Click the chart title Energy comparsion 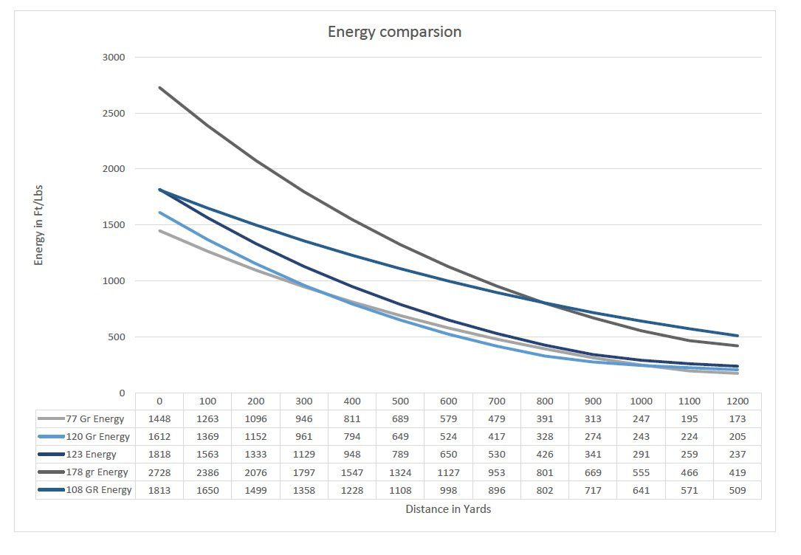coord(394,32)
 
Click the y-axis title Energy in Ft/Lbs coord(39,225)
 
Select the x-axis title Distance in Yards coord(447,509)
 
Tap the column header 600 coord(447,401)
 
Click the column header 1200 coord(737,401)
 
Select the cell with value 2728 coord(159,472)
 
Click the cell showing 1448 coord(159,419)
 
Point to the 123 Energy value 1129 coord(303,455)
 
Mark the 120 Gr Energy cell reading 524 coord(447,437)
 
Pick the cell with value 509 coord(737,490)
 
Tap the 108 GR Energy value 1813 coord(159,490)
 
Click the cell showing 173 coord(737,419)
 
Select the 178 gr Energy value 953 coord(496,472)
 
